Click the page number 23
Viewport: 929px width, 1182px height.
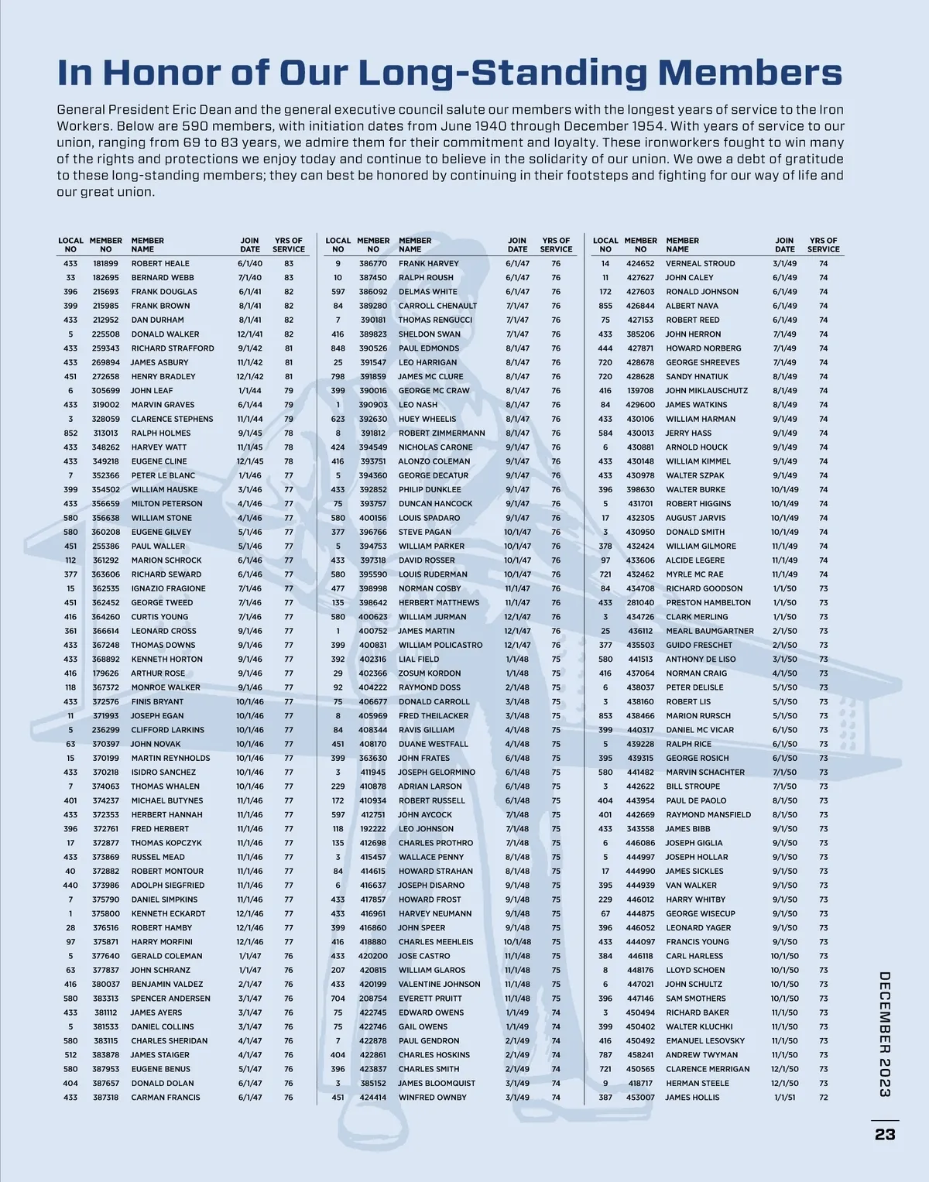coord(885,1134)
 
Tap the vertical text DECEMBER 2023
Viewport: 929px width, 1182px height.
coord(885,1034)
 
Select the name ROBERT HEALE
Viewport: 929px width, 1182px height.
coord(160,263)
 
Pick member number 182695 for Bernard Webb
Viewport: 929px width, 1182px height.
coord(105,277)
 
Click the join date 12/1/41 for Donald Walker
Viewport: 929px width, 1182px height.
coord(250,334)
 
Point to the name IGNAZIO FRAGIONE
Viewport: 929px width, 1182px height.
coord(168,588)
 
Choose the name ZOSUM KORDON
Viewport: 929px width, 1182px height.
coord(430,673)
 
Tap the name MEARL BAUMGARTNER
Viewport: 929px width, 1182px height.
coord(709,631)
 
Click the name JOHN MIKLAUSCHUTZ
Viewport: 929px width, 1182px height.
coord(707,391)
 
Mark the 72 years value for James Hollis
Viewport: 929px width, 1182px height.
coord(823,1098)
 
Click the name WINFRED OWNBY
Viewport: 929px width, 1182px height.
coord(432,1098)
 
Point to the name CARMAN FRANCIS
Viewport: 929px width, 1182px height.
coord(165,1098)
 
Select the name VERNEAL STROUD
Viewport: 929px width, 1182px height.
coord(700,263)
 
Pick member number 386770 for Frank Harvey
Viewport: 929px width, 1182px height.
coord(373,263)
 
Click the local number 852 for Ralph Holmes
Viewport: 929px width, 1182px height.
coord(70,433)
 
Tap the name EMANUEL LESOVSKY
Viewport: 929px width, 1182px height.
coord(704,1041)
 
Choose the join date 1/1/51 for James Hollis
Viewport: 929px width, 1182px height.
coord(785,1098)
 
